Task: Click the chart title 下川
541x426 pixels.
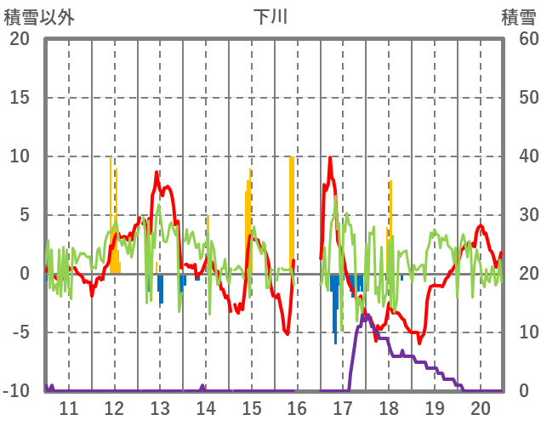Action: tap(270, 16)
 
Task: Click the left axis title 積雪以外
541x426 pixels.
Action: tap(39, 16)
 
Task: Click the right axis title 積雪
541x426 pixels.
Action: tap(518, 16)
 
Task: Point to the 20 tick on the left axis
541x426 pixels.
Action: tap(20, 39)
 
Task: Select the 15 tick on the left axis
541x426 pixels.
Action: tap(20, 98)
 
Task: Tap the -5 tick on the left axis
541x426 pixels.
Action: tap(20, 332)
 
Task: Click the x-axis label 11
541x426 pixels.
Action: tap(68, 407)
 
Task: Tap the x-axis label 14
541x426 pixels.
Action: tap(206, 407)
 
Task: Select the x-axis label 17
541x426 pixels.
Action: tap(343, 407)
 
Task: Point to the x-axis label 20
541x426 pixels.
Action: tap(481, 407)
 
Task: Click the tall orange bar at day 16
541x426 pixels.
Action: tap(292, 213)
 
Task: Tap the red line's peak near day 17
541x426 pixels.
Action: tap(330, 158)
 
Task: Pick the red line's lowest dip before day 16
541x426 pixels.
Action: tap(288, 333)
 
